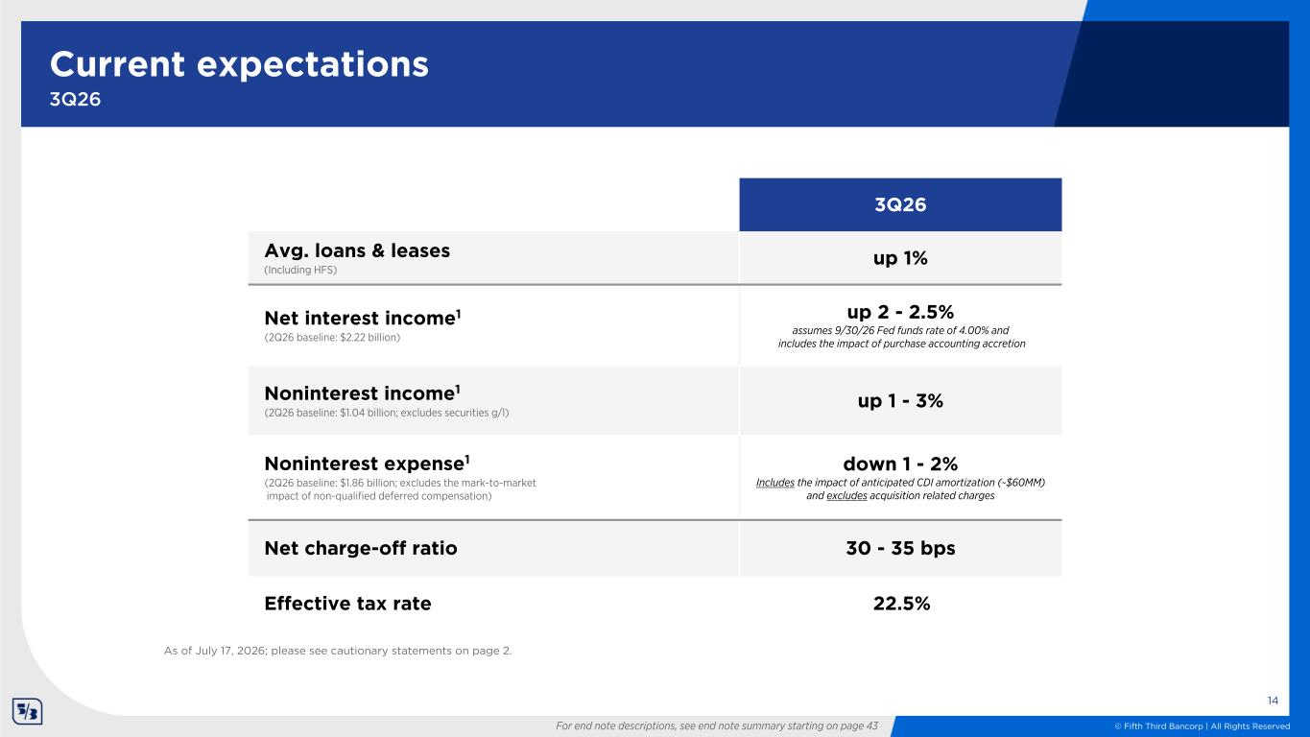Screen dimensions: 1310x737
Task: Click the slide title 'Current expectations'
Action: coord(239,65)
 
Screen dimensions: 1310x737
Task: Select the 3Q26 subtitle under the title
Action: coord(75,100)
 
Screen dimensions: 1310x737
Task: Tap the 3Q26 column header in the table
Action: coord(900,204)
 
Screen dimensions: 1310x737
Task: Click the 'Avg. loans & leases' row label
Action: coord(357,250)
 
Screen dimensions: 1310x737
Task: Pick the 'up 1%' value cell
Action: coord(900,258)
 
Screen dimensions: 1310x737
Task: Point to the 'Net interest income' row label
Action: coord(363,318)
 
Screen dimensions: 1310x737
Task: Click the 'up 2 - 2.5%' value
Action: coord(900,312)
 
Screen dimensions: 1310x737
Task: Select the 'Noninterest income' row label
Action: coord(363,392)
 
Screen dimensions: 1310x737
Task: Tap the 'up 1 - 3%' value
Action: coord(900,401)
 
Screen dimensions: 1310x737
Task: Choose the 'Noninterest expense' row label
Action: coord(368,464)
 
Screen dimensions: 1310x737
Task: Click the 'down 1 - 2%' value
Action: coord(900,464)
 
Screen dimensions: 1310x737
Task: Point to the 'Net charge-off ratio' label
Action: coord(361,548)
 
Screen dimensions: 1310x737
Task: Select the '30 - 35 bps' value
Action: coord(900,548)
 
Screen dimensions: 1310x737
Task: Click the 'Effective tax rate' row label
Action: coord(348,603)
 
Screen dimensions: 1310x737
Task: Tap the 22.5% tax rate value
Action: coord(901,603)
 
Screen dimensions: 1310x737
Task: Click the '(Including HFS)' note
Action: coord(300,270)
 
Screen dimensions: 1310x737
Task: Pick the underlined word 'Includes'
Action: coord(774,483)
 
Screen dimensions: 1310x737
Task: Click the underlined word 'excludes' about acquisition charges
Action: coord(846,495)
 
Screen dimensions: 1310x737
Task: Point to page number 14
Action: coord(1273,701)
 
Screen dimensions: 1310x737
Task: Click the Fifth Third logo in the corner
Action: coord(28,711)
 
